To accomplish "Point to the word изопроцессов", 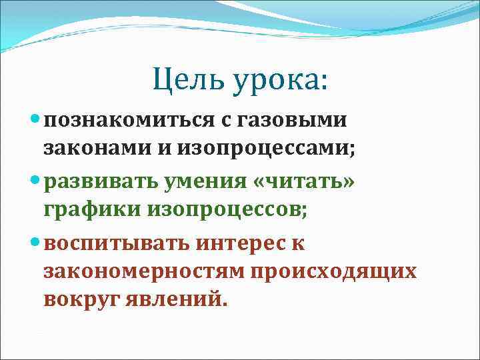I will [229, 210].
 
